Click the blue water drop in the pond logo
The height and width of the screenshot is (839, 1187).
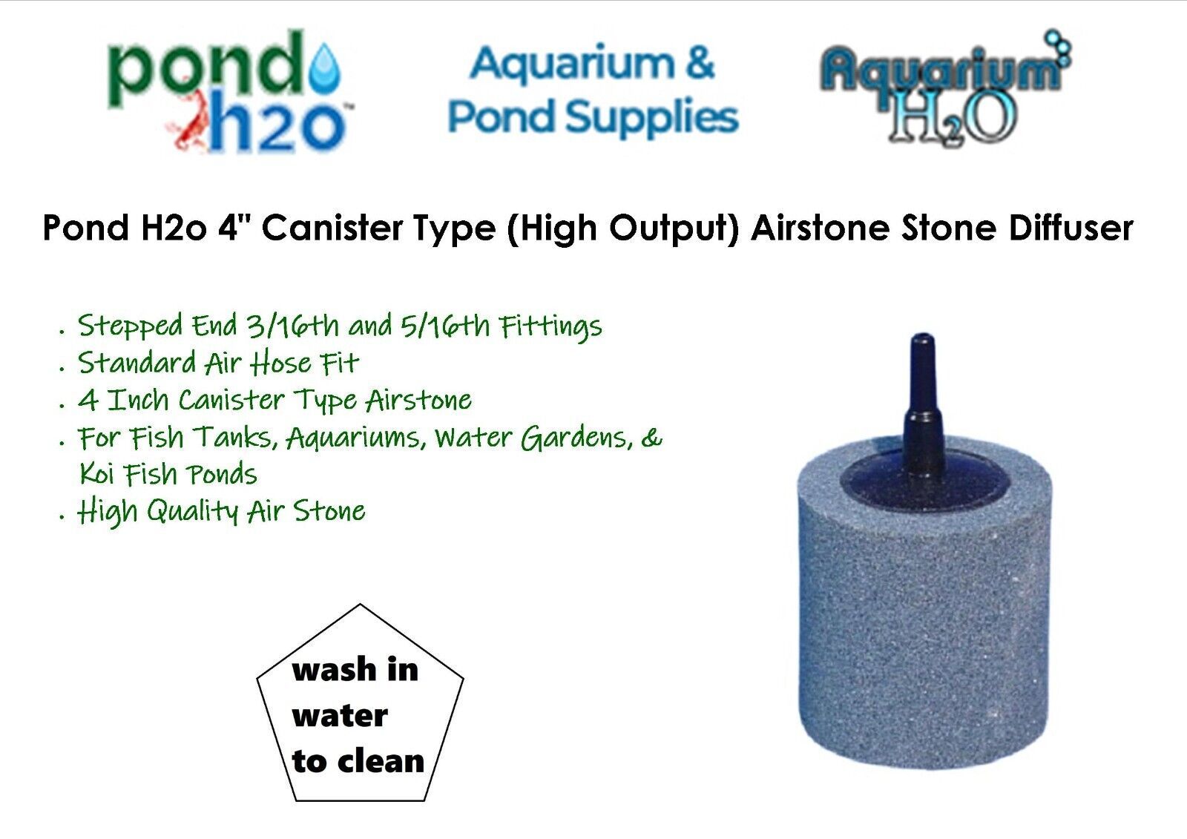pos(324,73)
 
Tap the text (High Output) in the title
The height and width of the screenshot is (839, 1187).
pos(622,229)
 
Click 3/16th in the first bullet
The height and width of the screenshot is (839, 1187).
pos(292,325)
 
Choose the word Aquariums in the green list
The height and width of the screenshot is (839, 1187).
pos(356,438)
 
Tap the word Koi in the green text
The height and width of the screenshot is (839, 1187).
pos(97,473)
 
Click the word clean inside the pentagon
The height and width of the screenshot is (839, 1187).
pos(381,762)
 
